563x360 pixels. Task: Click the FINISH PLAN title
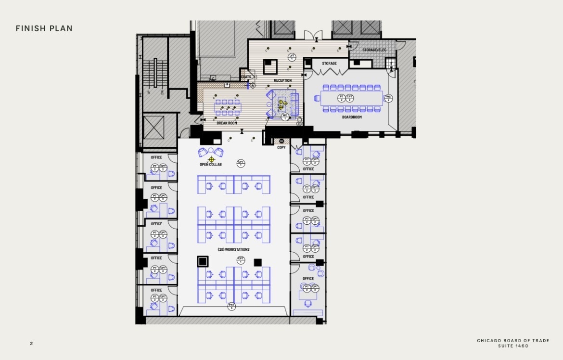pos(44,29)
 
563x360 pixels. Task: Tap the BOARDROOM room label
pos(352,117)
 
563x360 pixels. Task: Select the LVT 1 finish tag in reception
pos(292,57)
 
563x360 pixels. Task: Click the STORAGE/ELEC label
pos(374,50)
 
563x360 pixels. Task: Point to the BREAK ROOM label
pos(227,123)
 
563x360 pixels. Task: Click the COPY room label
pos(281,147)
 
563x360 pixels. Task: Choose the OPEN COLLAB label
pos(211,165)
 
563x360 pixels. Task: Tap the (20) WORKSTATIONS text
pos(233,249)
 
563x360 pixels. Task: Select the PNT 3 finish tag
pos(231,306)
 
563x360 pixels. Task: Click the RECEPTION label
pos(282,80)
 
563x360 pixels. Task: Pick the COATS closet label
pos(246,77)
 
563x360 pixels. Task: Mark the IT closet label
pos(391,64)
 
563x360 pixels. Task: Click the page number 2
pos(31,344)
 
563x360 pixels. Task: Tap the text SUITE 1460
pos(513,346)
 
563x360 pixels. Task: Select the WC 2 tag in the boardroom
pos(388,98)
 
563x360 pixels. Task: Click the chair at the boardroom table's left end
pos(317,98)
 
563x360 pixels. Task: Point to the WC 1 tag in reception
pos(285,116)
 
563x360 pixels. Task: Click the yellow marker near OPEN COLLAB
pos(211,159)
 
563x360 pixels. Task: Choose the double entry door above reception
pos(312,35)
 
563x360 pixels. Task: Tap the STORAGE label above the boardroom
pos(329,64)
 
